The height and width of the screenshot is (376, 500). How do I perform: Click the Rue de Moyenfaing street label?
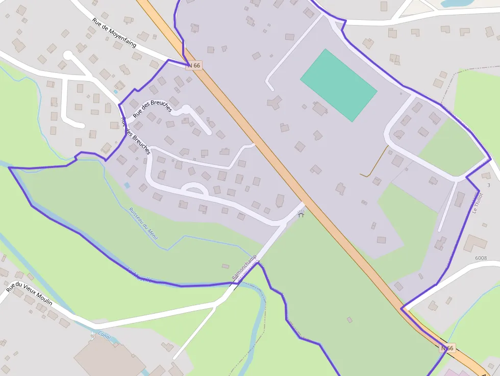(114, 33)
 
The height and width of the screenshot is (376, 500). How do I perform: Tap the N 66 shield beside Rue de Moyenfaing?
(194, 65)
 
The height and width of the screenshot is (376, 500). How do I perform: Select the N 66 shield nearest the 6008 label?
(447, 348)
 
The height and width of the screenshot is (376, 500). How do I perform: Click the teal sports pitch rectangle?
(339, 85)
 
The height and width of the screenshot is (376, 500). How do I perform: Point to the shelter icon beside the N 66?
(301, 214)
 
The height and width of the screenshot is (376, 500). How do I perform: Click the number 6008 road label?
(481, 259)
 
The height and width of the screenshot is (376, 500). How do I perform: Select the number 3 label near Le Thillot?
(488, 185)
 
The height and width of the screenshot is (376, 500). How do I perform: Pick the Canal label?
(104, 337)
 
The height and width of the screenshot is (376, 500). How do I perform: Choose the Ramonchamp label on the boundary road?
(244, 267)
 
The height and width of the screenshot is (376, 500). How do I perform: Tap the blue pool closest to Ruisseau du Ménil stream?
(127, 185)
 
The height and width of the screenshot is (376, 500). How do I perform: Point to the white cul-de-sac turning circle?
(68, 55)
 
